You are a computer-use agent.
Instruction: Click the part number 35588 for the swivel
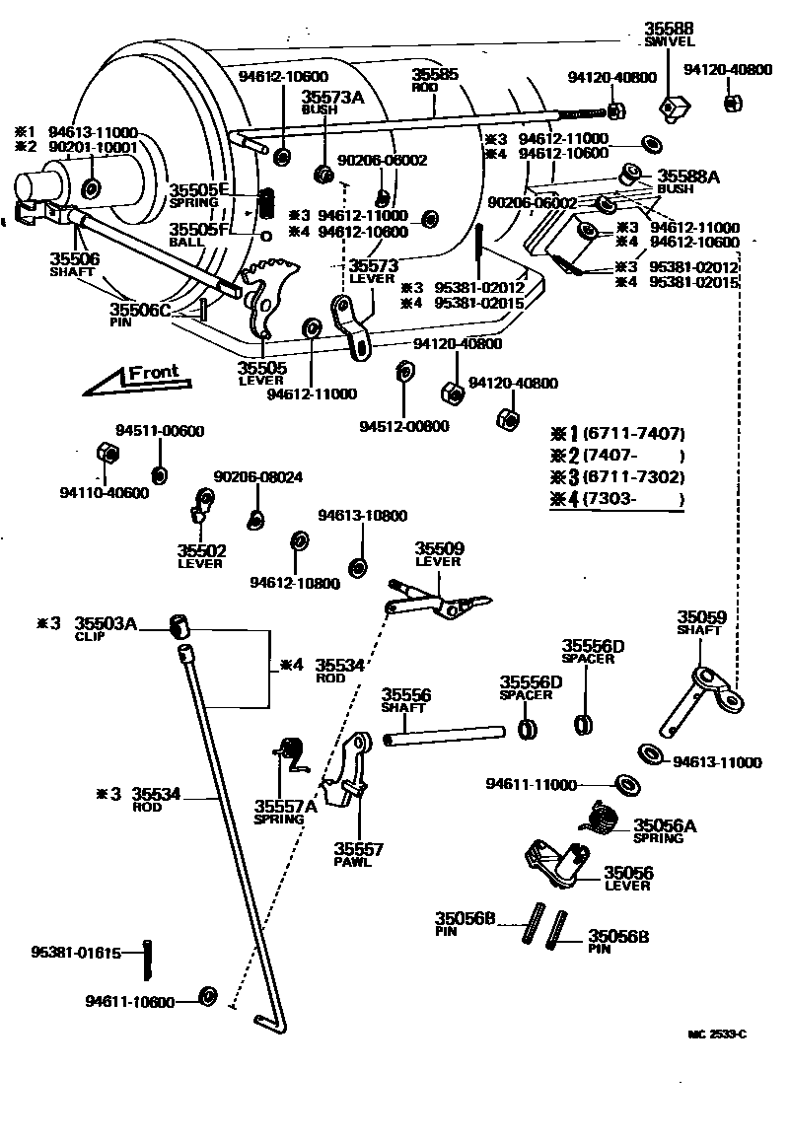[x=670, y=30]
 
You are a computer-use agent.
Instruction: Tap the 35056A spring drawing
[x=598, y=817]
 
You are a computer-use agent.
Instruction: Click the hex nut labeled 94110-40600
[x=107, y=453]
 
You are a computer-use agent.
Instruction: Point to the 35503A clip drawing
[x=179, y=626]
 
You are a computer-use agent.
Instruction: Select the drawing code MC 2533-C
[x=717, y=1035]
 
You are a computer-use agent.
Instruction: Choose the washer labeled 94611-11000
[x=624, y=785]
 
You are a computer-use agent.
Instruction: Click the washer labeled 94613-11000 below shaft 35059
[x=652, y=755]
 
